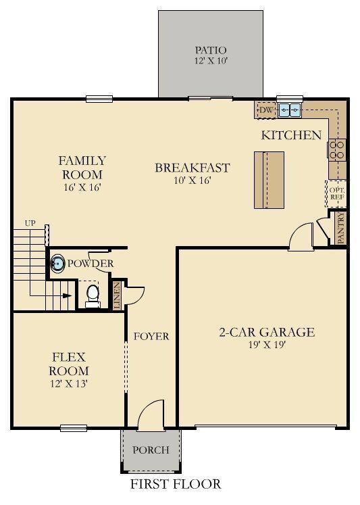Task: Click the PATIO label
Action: click(x=211, y=50)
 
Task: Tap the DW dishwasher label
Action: click(x=266, y=110)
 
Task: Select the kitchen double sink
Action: click(x=290, y=110)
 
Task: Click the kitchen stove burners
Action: click(x=337, y=150)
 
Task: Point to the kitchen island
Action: click(x=269, y=180)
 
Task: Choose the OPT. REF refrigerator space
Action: click(x=336, y=193)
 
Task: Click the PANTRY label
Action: click(x=341, y=227)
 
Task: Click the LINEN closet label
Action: click(x=117, y=295)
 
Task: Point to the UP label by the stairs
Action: click(x=30, y=223)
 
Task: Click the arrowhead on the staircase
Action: click(x=67, y=295)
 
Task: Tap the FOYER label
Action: click(x=151, y=336)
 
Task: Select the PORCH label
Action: click(x=151, y=450)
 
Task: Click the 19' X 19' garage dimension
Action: click(x=267, y=345)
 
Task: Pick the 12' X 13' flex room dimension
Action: click(x=69, y=383)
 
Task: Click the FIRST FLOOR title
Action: click(x=176, y=484)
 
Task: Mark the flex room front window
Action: click(x=74, y=428)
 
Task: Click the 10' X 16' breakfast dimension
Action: click(x=192, y=180)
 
